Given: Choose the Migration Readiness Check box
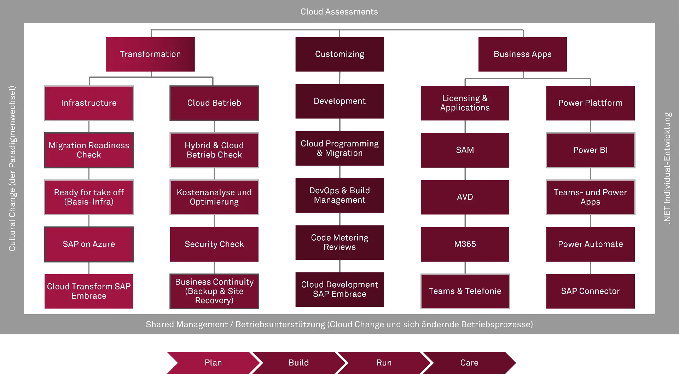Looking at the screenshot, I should pos(89,150).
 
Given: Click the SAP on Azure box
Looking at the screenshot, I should pos(89,244).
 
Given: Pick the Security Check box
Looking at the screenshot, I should pos(214,244).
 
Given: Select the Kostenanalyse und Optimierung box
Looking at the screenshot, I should pos(214,197).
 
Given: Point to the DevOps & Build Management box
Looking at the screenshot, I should pos(339,195).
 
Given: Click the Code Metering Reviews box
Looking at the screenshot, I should pos(339,242).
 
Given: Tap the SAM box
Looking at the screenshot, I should pos(465,150).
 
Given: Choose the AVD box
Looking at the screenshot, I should pos(465,197).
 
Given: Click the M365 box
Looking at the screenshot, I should pos(465,244).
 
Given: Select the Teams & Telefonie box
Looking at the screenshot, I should pos(465,291).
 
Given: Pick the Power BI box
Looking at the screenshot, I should pos(590,150).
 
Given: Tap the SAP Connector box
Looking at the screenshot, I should pos(590,291).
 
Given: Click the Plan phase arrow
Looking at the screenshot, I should pos(213,363).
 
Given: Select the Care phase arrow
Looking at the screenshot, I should pos(469,363).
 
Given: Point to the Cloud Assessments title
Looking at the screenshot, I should pos(339,12).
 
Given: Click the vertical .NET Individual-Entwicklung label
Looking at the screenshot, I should pos(667,168).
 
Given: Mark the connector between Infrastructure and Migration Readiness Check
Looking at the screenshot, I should pos(89,126).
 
